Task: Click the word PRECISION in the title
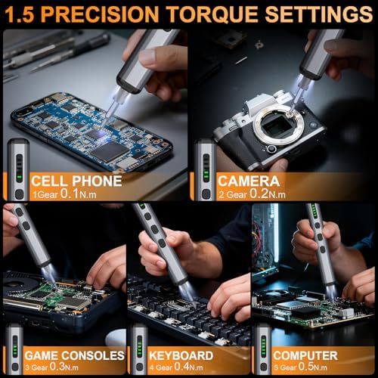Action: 100,14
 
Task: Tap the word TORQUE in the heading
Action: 212,14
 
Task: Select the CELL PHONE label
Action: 76,181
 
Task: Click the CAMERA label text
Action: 249,181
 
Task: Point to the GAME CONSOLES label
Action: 75,355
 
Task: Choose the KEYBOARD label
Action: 181,355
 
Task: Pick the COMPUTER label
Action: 305,355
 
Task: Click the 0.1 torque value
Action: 70,194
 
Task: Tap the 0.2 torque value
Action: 259,194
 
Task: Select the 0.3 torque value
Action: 57,367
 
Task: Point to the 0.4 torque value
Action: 181,367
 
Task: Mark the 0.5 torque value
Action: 305,367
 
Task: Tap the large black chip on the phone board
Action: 110,151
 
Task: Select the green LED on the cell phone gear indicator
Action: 20,176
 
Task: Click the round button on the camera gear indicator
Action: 206,194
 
